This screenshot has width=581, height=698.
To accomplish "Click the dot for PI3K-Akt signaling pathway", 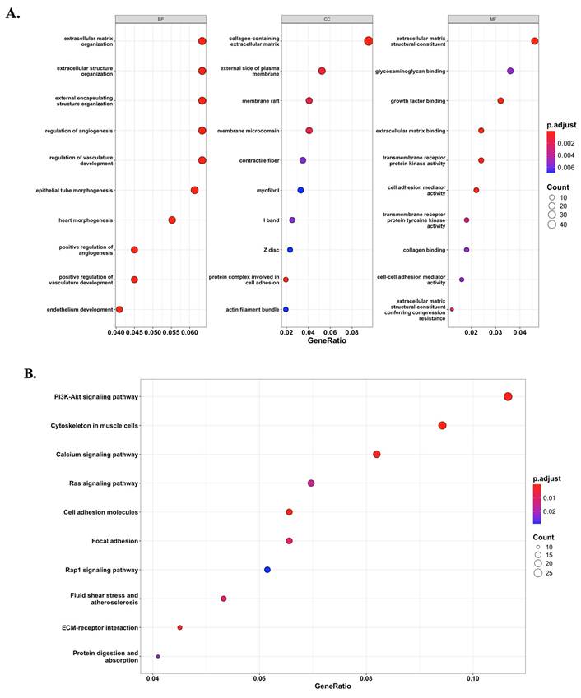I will pyautogui.click(x=508, y=397).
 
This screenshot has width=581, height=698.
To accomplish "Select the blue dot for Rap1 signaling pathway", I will pyautogui.click(x=267, y=570).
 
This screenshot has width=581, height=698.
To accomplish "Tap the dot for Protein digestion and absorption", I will pyautogui.click(x=158, y=656).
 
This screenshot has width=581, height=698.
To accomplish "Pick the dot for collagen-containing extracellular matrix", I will pyautogui.click(x=368, y=41).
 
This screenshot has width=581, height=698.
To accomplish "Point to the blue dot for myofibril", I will pyautogui.click(x=300, y=190).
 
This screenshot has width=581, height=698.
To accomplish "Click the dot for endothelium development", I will pyautogui.click(x=119, y=309).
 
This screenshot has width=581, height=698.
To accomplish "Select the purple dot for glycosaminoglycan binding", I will pyautogui.click(x=510, y=72).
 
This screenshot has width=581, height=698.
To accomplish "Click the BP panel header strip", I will pyautogui.click(x=160, y=19).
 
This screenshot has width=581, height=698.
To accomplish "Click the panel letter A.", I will pyautogui.click(x=12, y=14).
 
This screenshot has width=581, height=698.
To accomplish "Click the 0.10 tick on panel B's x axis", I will pyautogui.click(x=472, y=679).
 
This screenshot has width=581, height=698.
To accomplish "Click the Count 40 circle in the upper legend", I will pyautogui.click(x=553, y=223).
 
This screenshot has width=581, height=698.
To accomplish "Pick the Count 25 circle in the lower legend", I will pyautogui.click(x=537, y=573).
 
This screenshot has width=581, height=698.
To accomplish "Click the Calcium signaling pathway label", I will pyautogui.click(x=97, y=455).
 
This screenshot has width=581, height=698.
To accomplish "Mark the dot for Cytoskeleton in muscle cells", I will pyautogui.click(x=443, y=426).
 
